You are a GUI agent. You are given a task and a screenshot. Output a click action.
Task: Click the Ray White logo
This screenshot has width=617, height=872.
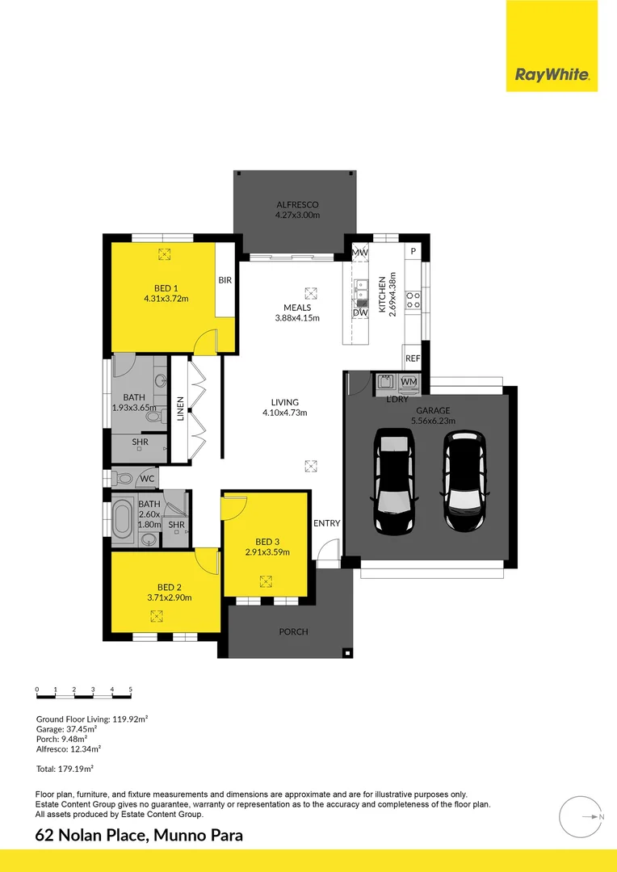[552, 74]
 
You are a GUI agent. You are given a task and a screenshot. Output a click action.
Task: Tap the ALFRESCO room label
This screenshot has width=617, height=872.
[297, 204]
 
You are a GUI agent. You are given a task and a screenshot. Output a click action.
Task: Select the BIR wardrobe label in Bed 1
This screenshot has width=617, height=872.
[225, 280]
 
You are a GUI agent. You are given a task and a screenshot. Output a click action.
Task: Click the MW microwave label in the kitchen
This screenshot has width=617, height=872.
[360, 253]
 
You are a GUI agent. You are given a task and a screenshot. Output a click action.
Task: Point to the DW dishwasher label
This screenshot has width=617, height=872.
[360, 312]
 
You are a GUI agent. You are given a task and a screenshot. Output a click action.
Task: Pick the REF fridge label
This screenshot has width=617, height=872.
[413, 358]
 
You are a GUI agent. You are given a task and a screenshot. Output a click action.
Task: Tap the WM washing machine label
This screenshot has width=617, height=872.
[409, 381]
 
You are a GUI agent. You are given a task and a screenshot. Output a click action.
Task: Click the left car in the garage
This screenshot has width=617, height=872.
[394, 481]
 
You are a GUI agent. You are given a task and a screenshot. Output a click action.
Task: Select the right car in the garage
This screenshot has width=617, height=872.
[465, 481]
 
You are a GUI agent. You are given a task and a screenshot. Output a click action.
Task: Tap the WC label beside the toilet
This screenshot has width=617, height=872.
[147, 479]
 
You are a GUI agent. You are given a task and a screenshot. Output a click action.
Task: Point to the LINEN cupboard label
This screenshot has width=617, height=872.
[180, 409]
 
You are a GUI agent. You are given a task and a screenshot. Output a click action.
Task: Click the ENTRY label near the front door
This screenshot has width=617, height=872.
[326, 523]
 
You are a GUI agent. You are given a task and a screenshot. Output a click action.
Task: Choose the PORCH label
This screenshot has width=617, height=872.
[293, 631]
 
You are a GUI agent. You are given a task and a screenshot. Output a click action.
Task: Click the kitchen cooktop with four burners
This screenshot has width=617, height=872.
[413, 300]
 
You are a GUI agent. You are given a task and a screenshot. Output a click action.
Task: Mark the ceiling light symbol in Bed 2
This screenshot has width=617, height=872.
[157, 616]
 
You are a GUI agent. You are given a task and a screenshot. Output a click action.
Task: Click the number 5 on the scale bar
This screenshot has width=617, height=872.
[131, 690]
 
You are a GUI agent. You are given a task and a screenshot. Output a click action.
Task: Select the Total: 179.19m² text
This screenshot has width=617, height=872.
[65, 769]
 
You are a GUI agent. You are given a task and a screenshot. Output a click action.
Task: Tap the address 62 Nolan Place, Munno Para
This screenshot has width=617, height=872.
[139, 836]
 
